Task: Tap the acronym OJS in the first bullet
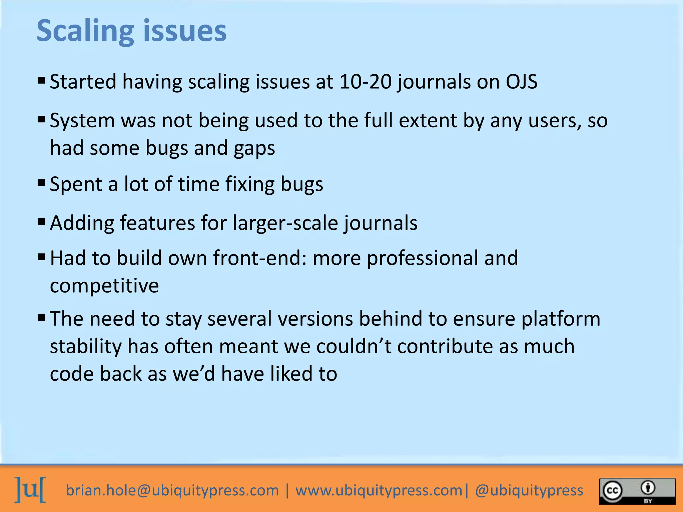tap(521, 82)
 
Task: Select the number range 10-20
tap(365, 82)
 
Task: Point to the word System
tap(82, 121)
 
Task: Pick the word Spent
tap(76, 184)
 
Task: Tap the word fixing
tap(250, 184)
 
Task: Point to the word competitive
tap(104, 286)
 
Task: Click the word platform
tap(561, 319)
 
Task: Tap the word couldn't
tap(354, 346)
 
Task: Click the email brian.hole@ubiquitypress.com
tap(172, 490)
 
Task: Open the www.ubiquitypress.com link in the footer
tap(379, 490)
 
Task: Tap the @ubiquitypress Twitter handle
tap(529, 490)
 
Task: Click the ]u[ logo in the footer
tap(30, 490)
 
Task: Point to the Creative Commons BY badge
tap(637, 491)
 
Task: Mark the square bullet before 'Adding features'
tap(42, 222)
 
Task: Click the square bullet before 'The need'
tap(42, 317)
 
